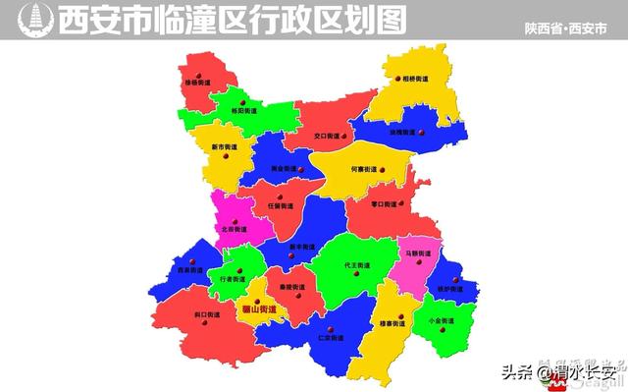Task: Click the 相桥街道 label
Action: (x=415, y=79)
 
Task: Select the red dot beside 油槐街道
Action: (x=421, y=132)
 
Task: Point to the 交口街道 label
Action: (x=327, y=136)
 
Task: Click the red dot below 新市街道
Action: (x=226, y=157)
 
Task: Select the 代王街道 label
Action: (x=357, y=266)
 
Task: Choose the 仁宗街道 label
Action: (x=332, y=338)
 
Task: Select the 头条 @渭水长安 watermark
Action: (x=560, y=372)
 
